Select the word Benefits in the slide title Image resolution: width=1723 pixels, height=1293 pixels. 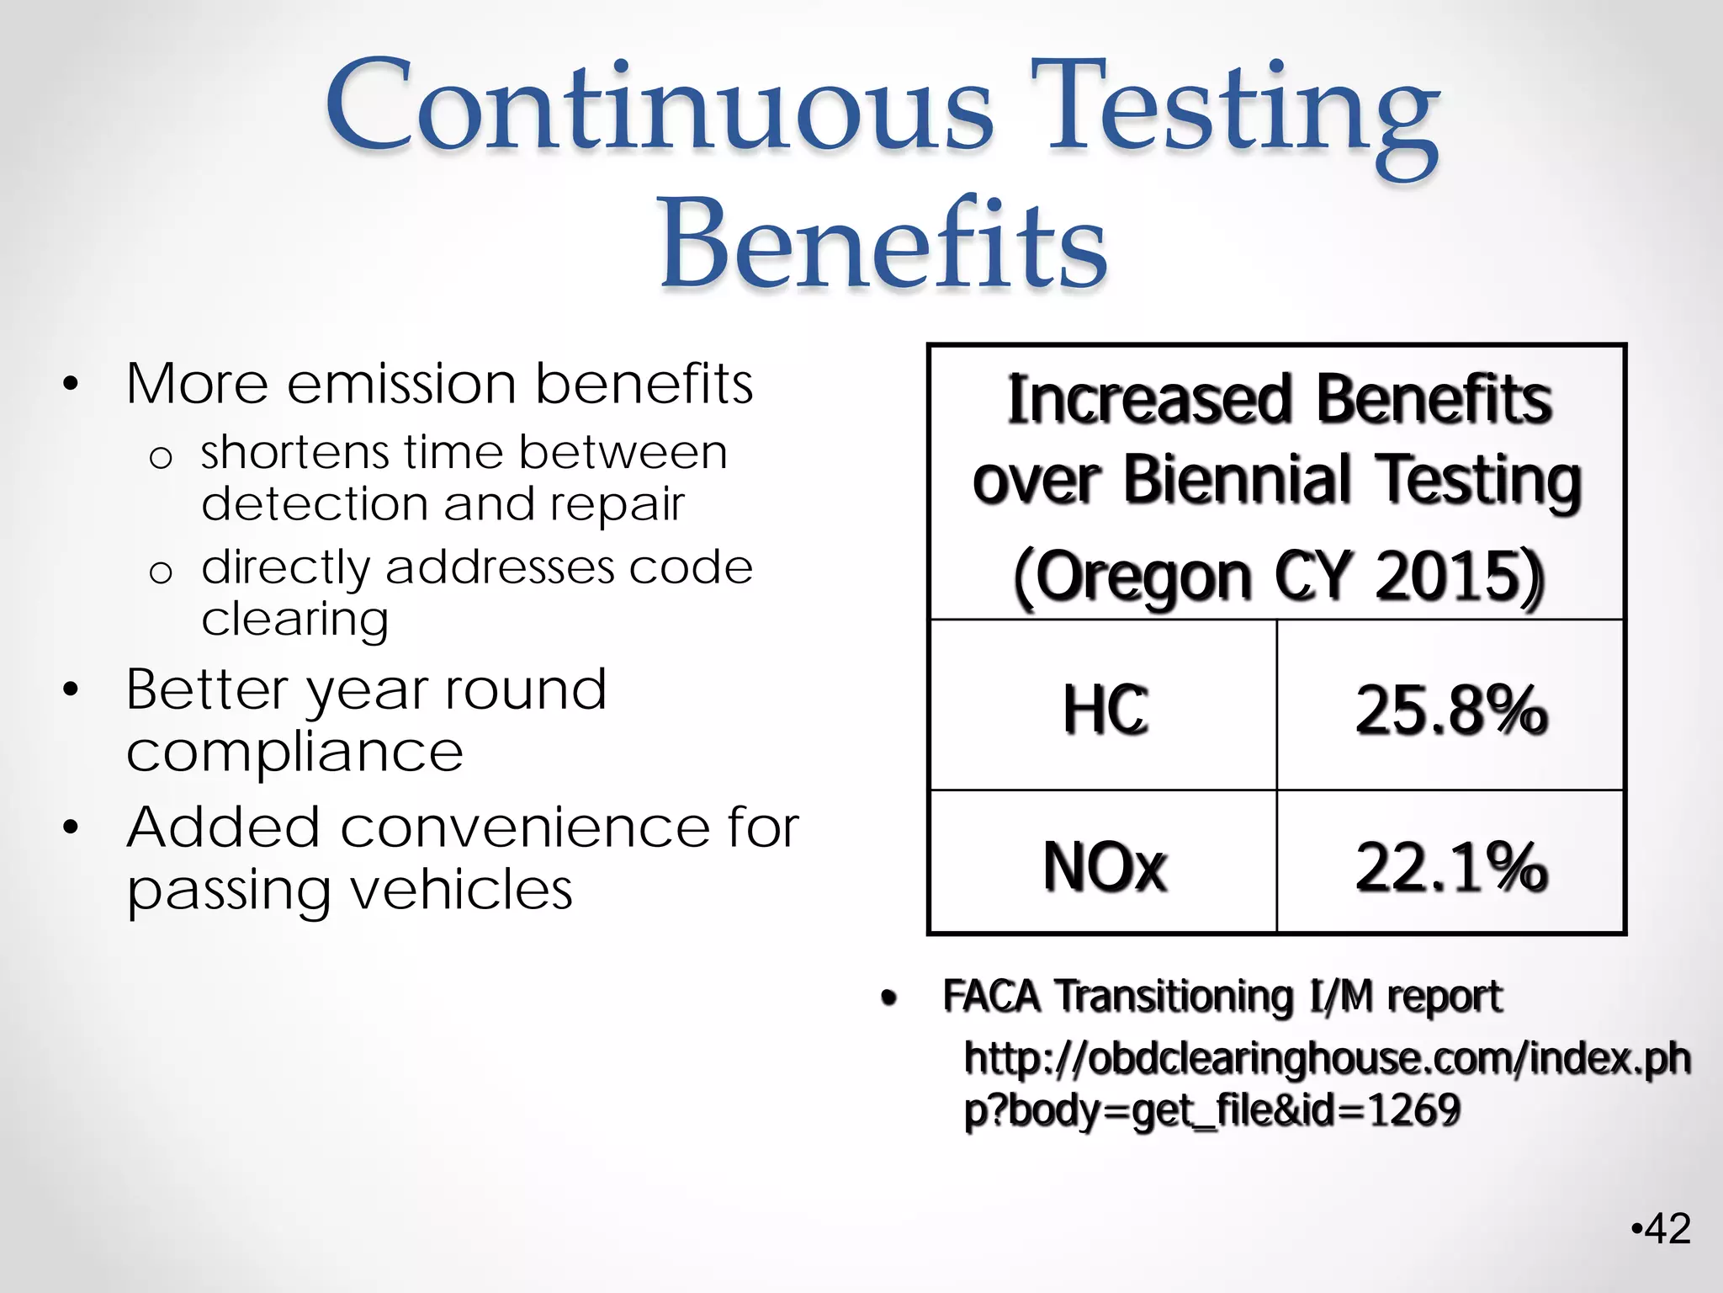(x=883, y=244)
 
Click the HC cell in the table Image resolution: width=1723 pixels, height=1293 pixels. (x=1105, y=710)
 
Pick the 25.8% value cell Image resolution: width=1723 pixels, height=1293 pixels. (x=1451, y=710)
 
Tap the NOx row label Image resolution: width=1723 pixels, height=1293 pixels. (x=1105, y=866)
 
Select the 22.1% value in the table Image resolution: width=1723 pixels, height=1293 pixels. (x=1451, y=866)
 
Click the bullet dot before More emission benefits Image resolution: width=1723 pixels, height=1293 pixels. (x=71, y=385)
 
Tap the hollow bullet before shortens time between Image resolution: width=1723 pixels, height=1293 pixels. (x=160, y=458)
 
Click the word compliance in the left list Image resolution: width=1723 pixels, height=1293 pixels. (x=294, y=752)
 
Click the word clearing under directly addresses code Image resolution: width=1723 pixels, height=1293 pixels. (x=294, y=620)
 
